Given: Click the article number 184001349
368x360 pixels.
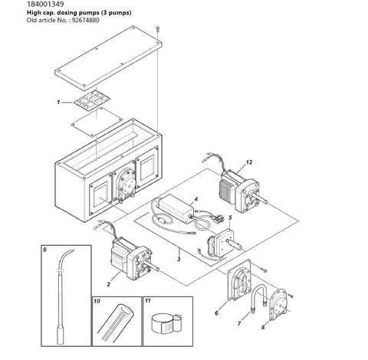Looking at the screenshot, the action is (x=45, y=5).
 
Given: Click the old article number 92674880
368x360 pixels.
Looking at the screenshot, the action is (x=85, y=21).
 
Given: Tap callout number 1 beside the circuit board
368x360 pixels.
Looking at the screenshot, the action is (x=58, y=103).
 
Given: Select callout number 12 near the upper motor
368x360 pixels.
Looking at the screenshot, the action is (x=249, y=162).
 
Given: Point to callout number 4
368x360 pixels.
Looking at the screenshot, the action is (x=196, y=199).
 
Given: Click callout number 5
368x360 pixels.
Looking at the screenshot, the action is (x=230, y=218).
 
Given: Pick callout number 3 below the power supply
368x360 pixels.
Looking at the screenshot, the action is (x=179, y=259).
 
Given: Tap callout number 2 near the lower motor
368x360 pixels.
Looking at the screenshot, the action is (x=109, y=284).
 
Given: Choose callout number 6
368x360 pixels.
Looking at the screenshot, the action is (x=216, y=313).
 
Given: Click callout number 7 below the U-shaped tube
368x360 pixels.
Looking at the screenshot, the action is (x=239, y=323).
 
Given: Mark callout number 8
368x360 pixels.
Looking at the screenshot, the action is (x=263, y=327).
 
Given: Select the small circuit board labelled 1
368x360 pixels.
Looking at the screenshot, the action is (x=92, y=101).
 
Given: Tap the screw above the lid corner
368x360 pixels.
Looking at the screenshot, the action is (x=158, y=29).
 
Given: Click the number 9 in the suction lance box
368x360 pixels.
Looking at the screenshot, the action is (x=44, y=250).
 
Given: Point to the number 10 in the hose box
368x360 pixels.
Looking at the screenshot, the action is (x=97, y=301).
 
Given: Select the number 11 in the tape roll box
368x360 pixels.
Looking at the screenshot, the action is (x=148, y=301).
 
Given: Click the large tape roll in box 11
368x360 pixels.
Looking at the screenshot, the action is (x=162, y=324).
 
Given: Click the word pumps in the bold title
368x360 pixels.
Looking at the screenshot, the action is (x=88, y=13).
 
